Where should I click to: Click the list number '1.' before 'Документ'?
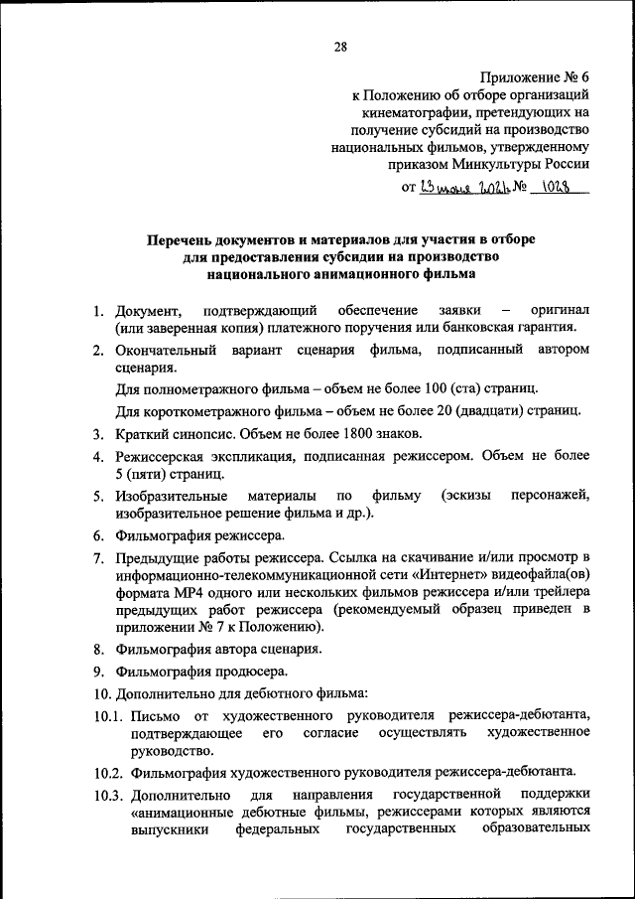coord(100,312)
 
